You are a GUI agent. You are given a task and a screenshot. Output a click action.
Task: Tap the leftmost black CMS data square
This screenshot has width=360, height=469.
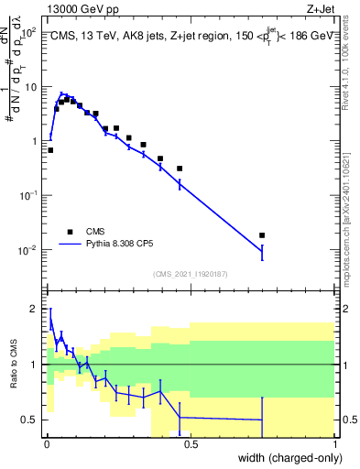click(50, 149)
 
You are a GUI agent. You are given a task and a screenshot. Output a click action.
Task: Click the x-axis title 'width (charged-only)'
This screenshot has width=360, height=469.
click(283, 458)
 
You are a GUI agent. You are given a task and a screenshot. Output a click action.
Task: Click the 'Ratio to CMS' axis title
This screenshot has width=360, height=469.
click(16, 365)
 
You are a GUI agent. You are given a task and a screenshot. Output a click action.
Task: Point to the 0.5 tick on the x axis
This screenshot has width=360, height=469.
click(190, 444)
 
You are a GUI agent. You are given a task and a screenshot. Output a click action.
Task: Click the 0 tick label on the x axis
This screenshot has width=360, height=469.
click(47, 444)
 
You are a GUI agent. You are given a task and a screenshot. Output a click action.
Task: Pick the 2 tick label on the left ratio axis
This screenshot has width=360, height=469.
click(34, 309)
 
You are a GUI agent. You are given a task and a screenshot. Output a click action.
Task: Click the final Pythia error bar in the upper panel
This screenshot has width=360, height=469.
click(262, 251)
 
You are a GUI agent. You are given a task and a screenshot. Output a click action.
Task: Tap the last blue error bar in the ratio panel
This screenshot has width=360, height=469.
click(262, 420)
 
